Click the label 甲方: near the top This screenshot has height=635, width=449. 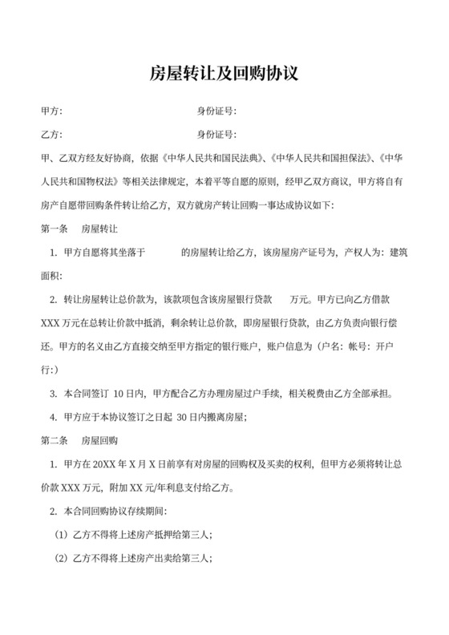coord(51,111)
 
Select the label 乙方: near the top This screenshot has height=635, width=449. coord(51,134)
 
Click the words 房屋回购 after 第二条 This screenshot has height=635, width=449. coord(100,441)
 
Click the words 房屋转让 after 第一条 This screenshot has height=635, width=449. coord(100,229)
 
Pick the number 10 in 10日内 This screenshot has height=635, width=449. coord(119,394)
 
